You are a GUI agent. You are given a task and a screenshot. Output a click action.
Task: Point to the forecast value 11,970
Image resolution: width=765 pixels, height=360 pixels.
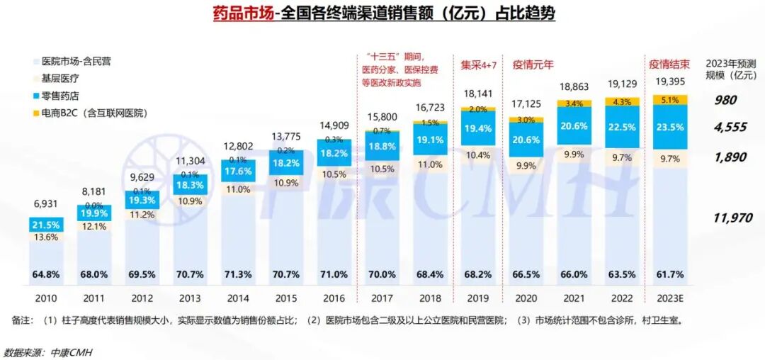point(732,218)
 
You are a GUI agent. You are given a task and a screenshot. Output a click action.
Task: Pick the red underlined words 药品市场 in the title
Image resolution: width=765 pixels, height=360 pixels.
point(242,13)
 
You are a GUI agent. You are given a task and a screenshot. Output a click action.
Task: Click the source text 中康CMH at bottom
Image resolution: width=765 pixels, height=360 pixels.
point(70,351)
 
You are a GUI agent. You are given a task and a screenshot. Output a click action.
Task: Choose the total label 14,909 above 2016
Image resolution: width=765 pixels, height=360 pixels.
point(334,127)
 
